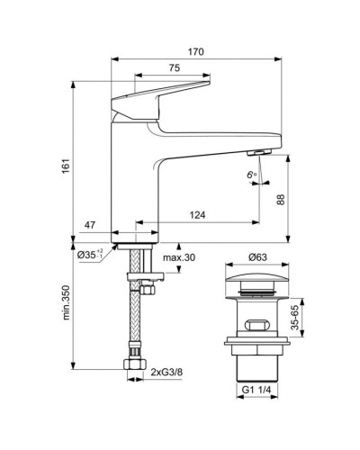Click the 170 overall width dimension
196,51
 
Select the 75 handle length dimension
175,67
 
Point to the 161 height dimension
66,166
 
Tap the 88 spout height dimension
281,200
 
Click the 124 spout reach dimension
197,215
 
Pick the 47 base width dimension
89,225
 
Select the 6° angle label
252,175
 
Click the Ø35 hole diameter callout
90,255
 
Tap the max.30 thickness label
179,257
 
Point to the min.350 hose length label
66,302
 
